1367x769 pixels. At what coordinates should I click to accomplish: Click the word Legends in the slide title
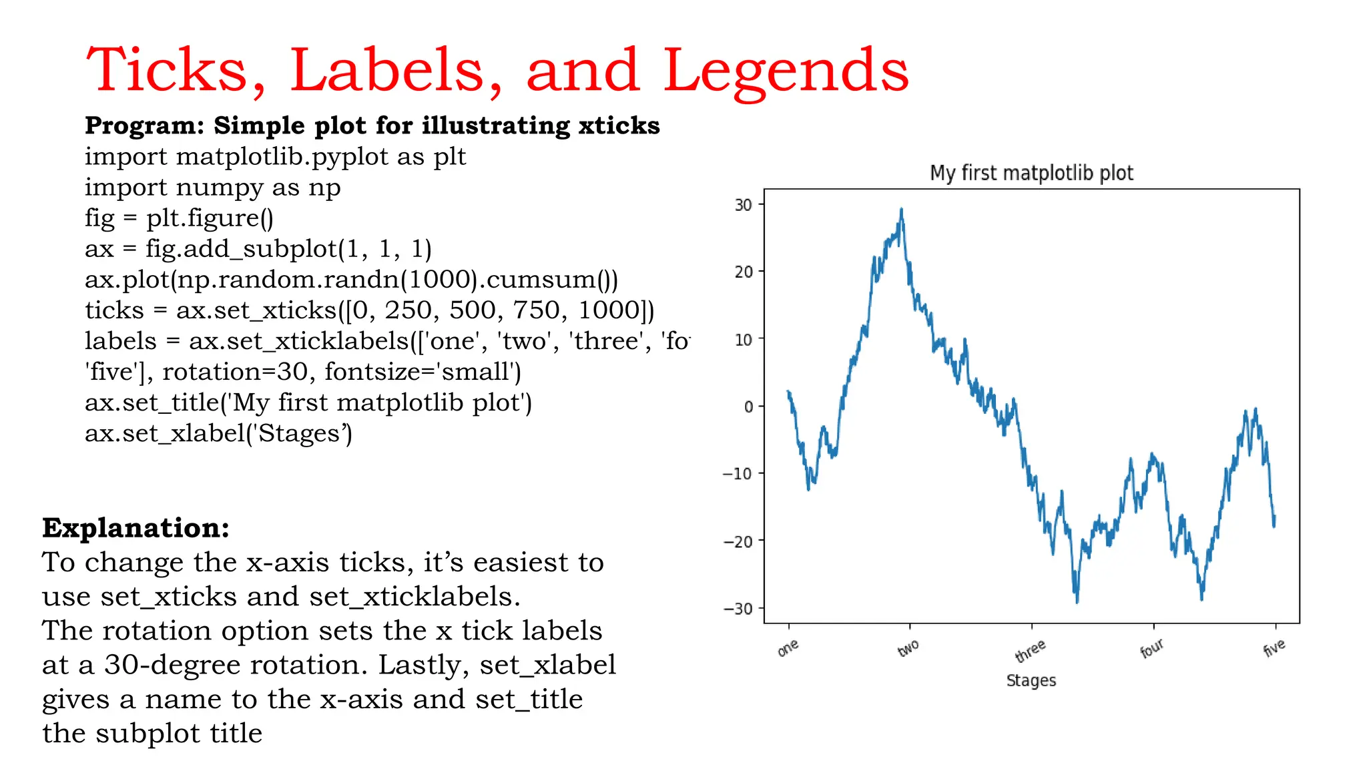click(786, 71)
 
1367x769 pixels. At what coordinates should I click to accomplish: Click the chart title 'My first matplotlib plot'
click(1031, 173)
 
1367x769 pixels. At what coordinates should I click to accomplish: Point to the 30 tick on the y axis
click(743, 205)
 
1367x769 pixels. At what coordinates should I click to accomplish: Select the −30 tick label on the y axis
click(738, 609)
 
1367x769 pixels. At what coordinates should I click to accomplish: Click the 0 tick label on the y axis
click(748, 407)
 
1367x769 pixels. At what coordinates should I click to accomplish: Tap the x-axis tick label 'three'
click(1030, 650)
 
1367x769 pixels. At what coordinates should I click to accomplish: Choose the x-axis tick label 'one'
click(788, 647)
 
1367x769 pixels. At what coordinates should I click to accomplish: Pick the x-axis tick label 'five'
click(1274, 647)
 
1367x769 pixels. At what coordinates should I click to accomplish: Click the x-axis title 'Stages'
click(1031, 680)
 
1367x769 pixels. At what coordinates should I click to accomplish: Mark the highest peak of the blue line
click(901, 210)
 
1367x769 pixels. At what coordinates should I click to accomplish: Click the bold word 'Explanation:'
click(135, 527)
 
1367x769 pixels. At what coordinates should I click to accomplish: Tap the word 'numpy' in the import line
click(220, 188)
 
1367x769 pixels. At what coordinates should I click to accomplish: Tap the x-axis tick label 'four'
click(1151, 648)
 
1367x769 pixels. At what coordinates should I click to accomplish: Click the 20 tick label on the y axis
click(743, 272)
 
